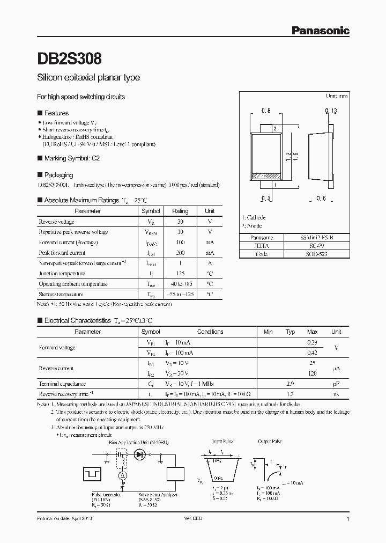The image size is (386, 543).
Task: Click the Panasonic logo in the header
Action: pyautogui.click(x=320, y=31)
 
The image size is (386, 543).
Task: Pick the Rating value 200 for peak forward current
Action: pyautogui.click(x=180, y=253)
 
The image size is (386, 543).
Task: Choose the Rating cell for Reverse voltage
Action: pyautogui.click(x=180, y=222)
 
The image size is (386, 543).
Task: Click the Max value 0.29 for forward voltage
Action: pyautogui.click(x=312, y=342)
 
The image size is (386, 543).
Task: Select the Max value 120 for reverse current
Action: pyautogui.click(x=312, y=373)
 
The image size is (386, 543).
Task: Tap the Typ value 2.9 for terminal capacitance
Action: pyautogui.click(x=290, y=384)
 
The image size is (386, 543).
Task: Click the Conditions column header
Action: pyautogui.click(x=210, y=332)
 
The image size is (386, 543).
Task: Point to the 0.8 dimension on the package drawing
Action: pyautogui.click(x=266, y=111)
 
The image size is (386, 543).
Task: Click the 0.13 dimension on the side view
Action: pyautogui.click(x=330, y=111)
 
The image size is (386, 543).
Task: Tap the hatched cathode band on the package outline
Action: pyautogui.click(x=266, y=175)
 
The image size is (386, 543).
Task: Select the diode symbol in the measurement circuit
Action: pyautogui.click(x=140, y=454)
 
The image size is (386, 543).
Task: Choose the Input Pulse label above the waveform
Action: pyautogui.click(x=223, y=441)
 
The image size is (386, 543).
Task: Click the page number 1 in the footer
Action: pyautogui.click(x=348, y=519)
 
